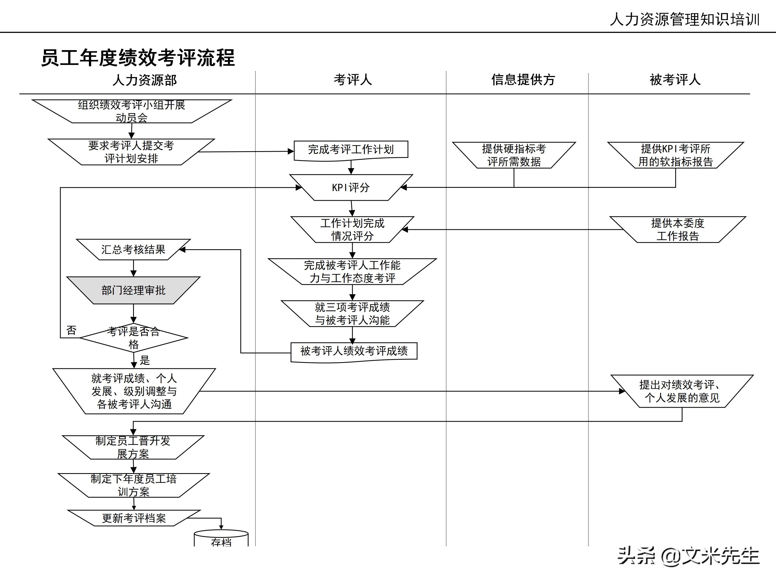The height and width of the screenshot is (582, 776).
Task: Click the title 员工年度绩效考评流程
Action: coord(138,58)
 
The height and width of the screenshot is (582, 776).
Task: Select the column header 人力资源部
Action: coord(144,80)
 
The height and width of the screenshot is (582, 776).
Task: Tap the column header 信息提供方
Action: coord(523,80)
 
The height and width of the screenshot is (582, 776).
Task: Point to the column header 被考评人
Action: coord(675,80)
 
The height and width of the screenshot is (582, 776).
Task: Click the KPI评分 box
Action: coord(351,188)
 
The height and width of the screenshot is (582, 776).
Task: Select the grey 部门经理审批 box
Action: coord(133,290)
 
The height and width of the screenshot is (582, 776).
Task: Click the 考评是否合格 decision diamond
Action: coord(133,338)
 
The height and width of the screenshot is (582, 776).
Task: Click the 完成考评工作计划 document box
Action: coord(351,150)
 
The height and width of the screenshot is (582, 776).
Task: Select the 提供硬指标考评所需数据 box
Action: coord(514,155)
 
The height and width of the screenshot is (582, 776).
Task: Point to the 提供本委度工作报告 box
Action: coord(677,230)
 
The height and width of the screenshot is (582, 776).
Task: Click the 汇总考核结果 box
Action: coord(133,250)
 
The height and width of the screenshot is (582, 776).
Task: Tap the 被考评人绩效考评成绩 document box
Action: coord(354,351)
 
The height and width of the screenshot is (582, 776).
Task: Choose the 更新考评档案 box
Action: coord(134,518)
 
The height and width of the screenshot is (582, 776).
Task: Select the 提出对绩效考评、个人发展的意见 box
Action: coord(682,391)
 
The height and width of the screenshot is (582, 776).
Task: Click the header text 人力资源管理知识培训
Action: coord(684,20)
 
